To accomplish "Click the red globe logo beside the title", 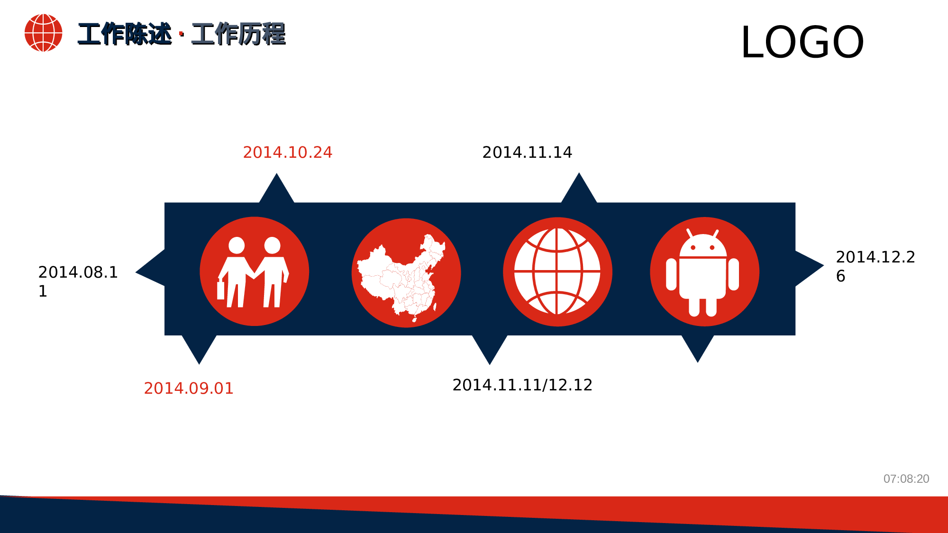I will pos(43,33).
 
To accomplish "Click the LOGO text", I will pos(802,43).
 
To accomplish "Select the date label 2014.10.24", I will pos(287,153).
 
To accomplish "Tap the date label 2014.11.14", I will pos(527,153).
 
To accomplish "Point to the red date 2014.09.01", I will pos(189,388).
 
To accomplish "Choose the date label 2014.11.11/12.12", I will pos(522,385).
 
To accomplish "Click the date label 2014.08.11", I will pos(78,281).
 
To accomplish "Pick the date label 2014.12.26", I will pos(875,266).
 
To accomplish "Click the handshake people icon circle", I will pos(254,271).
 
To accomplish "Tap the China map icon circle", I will pos(406,273).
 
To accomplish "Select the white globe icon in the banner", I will pos(557,271).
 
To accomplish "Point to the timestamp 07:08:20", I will pos(906,479).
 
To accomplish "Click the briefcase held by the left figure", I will pos(220,290).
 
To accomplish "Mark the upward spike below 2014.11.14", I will pos(579,190).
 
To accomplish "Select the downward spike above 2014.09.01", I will pos(199,348).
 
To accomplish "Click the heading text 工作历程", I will pos(238,34).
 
